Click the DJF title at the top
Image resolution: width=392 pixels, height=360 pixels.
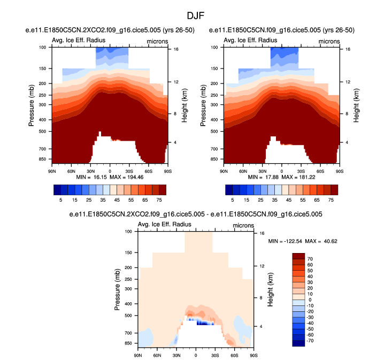[195, 17]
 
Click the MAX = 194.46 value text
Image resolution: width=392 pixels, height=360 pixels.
[118, 177]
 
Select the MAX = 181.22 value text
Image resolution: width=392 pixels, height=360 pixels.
[290, 177]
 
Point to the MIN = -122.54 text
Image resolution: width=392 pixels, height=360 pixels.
[287, 241]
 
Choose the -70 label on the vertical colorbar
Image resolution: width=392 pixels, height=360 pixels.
[310, 340]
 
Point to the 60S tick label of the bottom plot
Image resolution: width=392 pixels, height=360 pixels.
[234, 355]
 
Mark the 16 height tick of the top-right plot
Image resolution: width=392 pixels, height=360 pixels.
[347, 49]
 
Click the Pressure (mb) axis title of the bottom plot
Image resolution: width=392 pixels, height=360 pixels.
[117, 289]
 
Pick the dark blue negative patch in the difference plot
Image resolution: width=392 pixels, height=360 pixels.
[204, 323]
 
